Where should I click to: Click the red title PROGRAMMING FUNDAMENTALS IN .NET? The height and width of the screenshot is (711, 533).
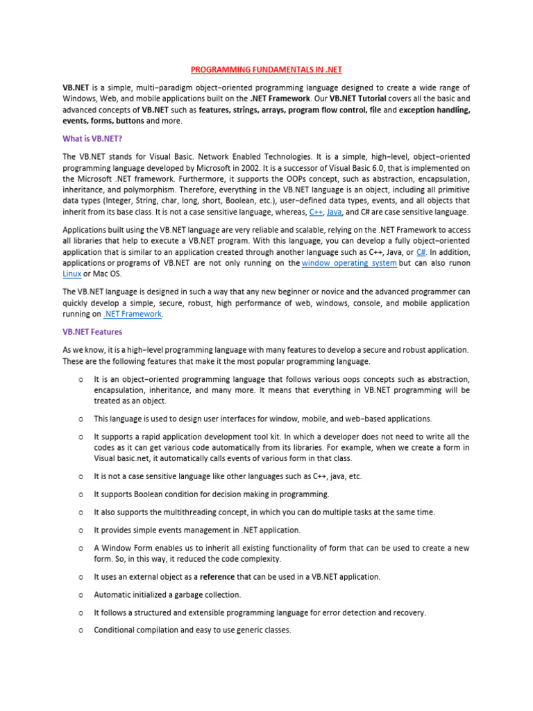tap(266, 70)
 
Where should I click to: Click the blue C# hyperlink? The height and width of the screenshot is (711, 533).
tap(421, 253)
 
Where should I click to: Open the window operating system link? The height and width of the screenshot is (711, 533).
tap(350, 263)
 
